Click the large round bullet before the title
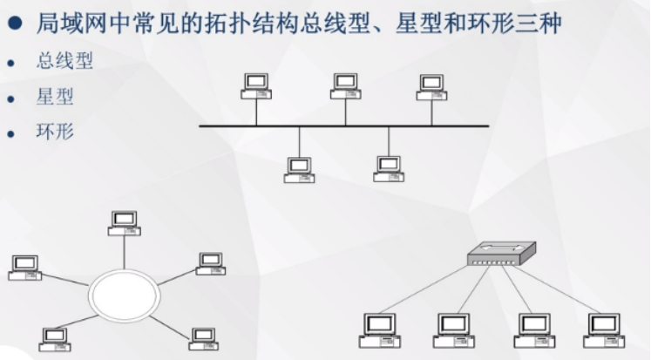click(17, 21)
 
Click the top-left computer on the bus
click(255, 85)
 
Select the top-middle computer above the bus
click(345, 85)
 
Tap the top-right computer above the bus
click(432, 86)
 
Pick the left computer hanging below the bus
click(299, 169)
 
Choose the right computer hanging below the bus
click(389, 168)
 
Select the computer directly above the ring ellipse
click(124, 222)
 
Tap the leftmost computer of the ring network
click(24, 267)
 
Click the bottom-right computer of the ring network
click(203, 338)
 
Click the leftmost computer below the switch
click(379, 329)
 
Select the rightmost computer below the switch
click(604, 329)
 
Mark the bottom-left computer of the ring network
click(54, 338)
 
